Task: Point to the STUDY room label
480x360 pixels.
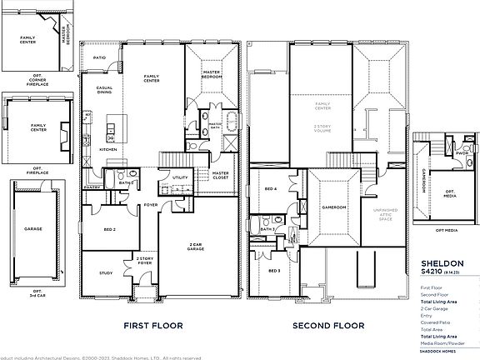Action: [x=106, y=272]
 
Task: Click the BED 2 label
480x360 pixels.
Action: [x=110, y=228]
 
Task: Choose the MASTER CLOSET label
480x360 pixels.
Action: [x=220, y=175]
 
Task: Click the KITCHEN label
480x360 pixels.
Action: [x=109, y=149]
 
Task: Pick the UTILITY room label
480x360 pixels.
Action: [x=179, y=177]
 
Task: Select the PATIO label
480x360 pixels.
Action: [x=98, y=57]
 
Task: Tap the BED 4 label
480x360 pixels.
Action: [x=269, y=189]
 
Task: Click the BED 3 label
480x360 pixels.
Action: [x=273, y=271]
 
